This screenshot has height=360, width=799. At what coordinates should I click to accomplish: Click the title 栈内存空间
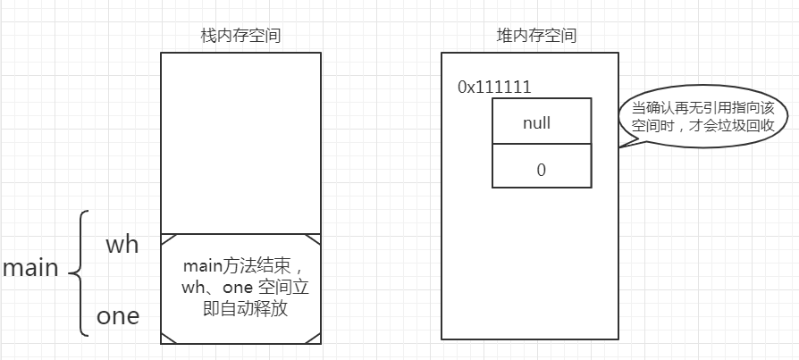pyautogui.click(x=240, y=36)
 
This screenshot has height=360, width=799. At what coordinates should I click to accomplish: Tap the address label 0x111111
pyautogui.click(x=494, y=88)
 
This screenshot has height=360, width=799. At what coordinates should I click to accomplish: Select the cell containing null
pyautogui.click(x=542, y=121)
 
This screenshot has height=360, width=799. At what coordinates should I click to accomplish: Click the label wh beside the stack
pyautogui.click(x=122, y=244)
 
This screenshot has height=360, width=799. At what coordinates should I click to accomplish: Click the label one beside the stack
pyautogui.click(x=118, y=316)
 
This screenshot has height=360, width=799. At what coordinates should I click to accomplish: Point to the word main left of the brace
pyautogui.click(x=30, y=268)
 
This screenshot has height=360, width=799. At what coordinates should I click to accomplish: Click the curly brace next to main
pyautogui.click(x=79, y=272)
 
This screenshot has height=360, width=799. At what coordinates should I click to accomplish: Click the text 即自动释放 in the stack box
pyautogui.click(x=240, y=309)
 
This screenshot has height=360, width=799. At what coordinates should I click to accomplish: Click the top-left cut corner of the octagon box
pyautogui.click(x=166, y=239)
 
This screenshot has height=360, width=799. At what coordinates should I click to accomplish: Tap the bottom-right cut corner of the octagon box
pyautogui.click(x=315, y=337)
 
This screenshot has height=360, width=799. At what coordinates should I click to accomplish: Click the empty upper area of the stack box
pyautogui.click(x=240, y=143)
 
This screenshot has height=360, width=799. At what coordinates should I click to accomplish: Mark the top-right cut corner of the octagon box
pyautogui.click(x=315, y=239)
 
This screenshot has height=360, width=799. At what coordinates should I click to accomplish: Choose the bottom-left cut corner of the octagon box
pyautogui.click(x=166, y=337)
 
